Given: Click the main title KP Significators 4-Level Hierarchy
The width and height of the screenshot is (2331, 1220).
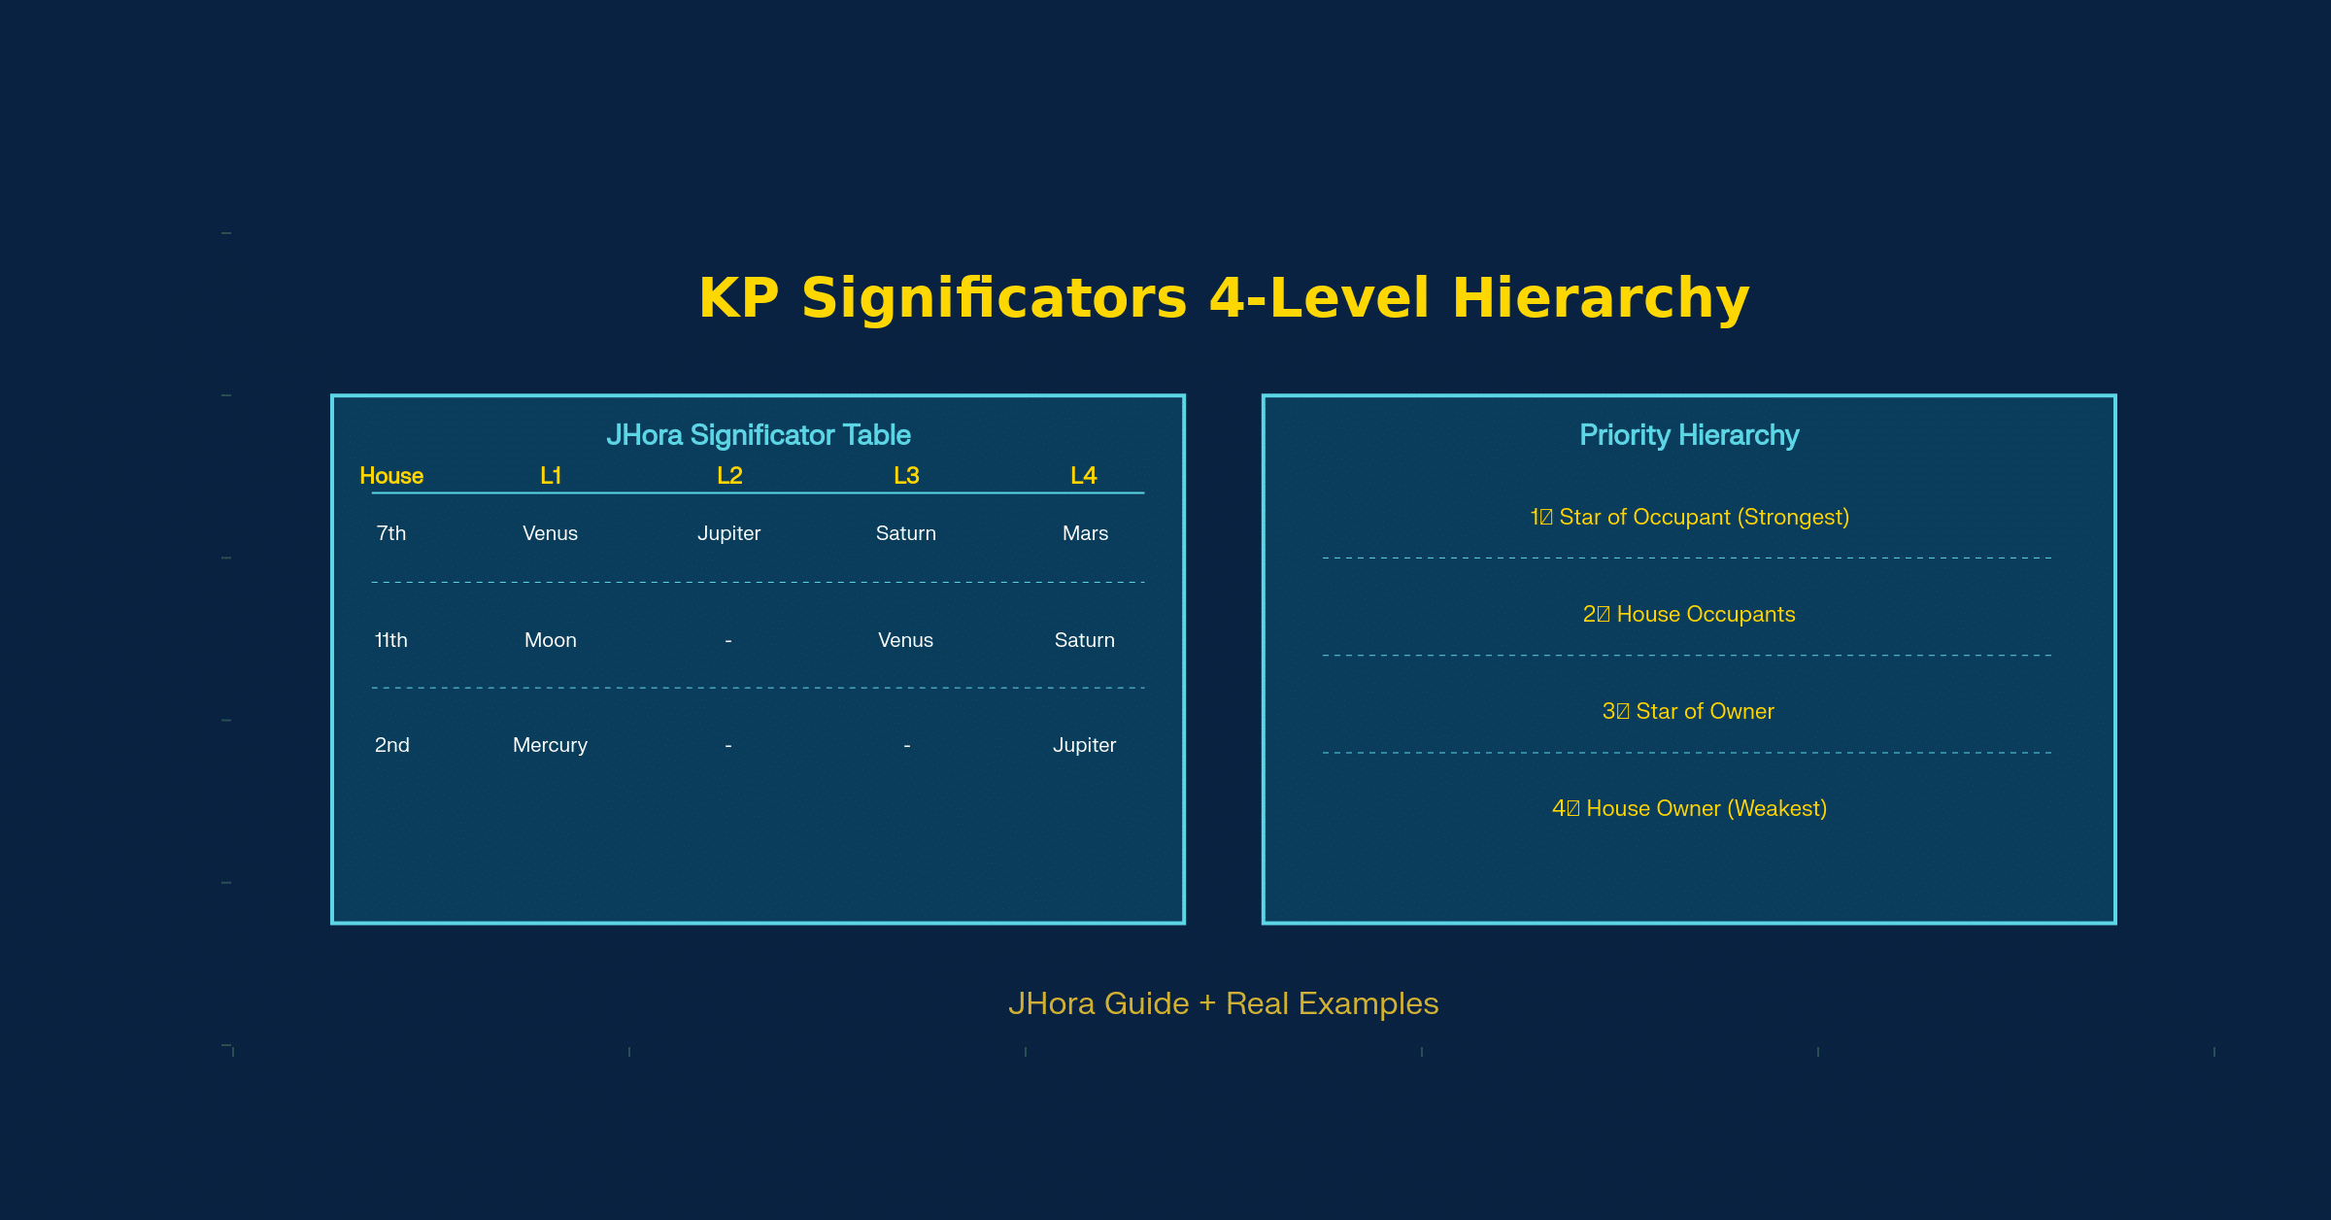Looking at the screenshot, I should pos(1224,297).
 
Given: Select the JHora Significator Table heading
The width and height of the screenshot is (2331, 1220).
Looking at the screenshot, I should pos(758,435).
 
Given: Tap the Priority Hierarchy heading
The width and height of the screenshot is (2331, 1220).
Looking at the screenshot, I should pos(1689,435).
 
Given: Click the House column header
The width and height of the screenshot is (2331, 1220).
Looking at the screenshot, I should pos(391,476).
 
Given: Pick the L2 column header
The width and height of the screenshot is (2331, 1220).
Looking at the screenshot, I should pos(729,476).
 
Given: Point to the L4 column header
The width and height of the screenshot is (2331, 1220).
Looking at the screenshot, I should pos(1084,476).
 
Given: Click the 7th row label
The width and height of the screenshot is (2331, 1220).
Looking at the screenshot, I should pos(391,533).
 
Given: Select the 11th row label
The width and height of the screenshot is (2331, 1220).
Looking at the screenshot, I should pos(391,640).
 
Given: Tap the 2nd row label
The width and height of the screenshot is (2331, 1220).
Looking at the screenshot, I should pos(391,745).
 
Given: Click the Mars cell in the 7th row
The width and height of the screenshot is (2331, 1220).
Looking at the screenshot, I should pos(1085,533).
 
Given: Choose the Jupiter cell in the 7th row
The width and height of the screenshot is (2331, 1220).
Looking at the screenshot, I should pos(728,533).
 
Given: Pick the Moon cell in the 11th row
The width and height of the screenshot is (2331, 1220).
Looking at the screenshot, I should pos(550,640).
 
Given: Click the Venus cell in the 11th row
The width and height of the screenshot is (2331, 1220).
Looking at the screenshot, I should pos(905,640).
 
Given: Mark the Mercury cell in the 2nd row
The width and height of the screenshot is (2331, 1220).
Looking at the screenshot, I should pos(550,745).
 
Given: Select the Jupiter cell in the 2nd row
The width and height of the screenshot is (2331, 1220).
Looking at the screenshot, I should pos(1084,745).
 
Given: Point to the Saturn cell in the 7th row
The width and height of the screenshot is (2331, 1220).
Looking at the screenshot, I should pos(905,533).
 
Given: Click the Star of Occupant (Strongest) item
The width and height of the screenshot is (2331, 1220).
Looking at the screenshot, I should pos(1689,517).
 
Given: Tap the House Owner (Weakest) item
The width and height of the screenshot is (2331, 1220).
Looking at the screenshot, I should pos(1689,808).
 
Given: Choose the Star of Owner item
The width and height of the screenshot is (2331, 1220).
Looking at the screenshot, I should pos(1689,711).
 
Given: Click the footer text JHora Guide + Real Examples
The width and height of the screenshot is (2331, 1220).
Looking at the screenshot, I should pos(1223,1003).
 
